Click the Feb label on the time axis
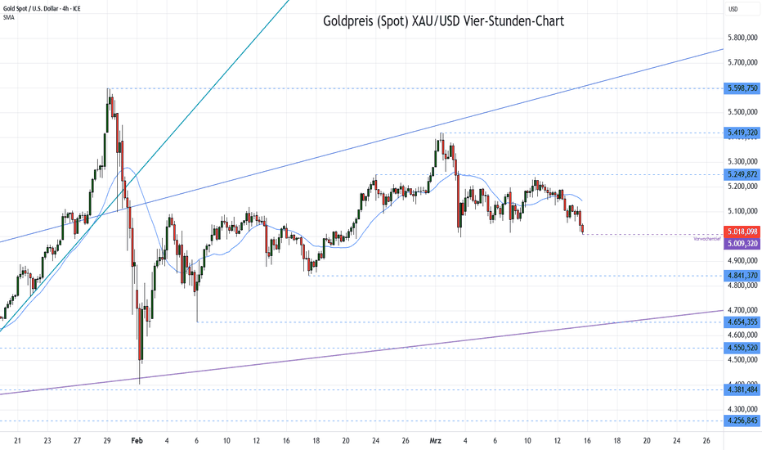point(137,439)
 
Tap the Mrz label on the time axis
point(436,439)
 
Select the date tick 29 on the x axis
point(107,439)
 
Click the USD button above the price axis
point(733,9)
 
